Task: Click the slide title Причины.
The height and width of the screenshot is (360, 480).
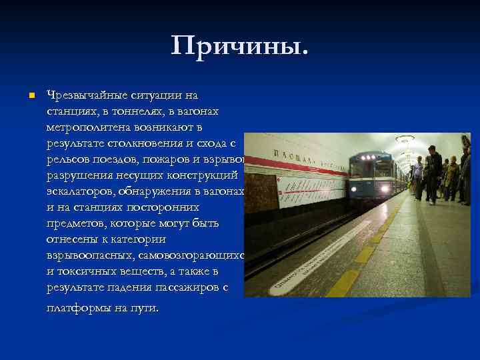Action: (240, 47)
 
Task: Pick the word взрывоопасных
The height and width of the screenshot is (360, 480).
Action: (87, 256)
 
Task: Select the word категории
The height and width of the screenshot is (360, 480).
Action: (141, 239)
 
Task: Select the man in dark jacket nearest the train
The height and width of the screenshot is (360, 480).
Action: (433, 171)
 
